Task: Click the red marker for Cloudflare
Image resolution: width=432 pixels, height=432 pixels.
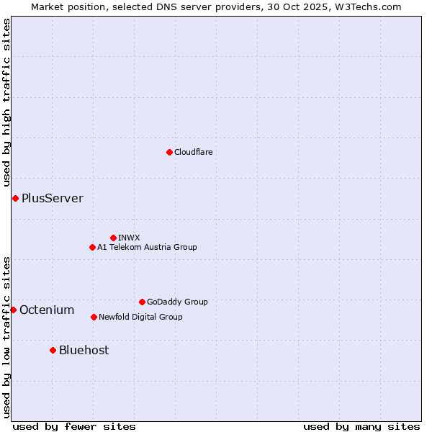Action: point(169,152)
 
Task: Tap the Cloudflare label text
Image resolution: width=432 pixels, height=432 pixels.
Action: point(193,152)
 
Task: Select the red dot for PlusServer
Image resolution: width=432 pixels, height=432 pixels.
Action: point(15,198)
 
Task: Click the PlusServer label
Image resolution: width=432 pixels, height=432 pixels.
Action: point(52,198)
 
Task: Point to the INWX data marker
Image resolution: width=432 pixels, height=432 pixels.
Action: point(113,238)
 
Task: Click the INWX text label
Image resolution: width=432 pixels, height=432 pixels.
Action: point(129,238)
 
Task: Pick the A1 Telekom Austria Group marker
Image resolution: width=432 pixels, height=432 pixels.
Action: point(92,247)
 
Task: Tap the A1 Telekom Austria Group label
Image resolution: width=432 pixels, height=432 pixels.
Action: point(147,247)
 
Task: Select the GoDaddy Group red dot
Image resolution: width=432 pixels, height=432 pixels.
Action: point(142,302)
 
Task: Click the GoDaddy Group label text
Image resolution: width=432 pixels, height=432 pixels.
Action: point(177,302)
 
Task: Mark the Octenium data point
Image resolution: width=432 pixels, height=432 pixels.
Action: point(13,310)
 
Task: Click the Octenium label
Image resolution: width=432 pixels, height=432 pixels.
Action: point(47,310)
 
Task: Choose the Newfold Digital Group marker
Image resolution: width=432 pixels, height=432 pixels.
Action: point(94,317)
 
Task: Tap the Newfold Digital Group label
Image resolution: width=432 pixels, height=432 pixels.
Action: point(140,317)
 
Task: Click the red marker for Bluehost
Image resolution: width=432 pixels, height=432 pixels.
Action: point(53,350)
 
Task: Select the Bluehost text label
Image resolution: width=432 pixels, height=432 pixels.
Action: point(84,350)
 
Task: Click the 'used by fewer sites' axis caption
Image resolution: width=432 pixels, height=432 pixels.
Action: point(74,426)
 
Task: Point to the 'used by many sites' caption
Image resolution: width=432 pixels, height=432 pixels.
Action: point(361,426)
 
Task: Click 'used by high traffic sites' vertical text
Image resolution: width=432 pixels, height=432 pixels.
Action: point(6,103)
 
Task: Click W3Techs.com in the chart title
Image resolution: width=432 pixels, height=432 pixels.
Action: point(366,6)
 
